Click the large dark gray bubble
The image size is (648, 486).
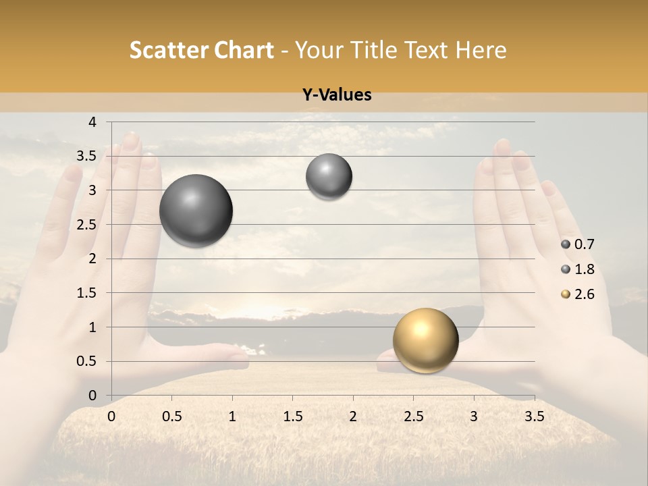196,211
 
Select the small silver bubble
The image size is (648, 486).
329,177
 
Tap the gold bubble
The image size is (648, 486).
425,340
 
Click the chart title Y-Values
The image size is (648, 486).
336,95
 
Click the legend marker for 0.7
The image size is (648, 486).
566,244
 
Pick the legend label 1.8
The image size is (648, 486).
584,269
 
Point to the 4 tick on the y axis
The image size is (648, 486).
92,122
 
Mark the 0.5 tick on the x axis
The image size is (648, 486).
171,416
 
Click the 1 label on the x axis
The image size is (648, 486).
232,416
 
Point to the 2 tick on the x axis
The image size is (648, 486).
353,416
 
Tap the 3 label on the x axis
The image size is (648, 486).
474,416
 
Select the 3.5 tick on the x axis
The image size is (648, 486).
534,416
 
